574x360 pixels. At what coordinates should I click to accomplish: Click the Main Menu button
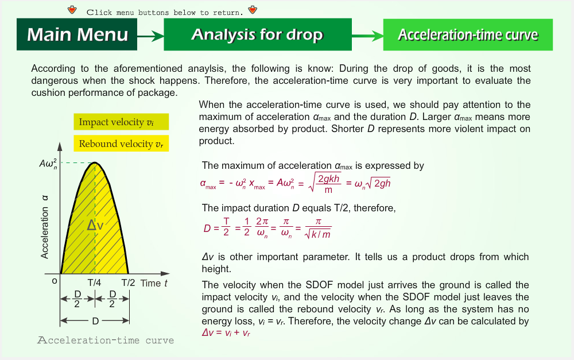coord(77,34)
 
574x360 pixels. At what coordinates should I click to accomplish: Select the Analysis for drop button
coord(258,34)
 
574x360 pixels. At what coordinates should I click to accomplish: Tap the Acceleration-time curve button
coord(468,34)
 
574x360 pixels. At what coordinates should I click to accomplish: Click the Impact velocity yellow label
coord(121,122)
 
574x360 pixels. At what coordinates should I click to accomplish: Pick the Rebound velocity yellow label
coord(121,143)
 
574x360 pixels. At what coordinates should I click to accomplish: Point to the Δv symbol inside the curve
coord(95,225)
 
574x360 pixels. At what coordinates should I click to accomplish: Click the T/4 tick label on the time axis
coord(94,282)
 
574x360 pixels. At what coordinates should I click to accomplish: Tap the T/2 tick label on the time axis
coord(128,282)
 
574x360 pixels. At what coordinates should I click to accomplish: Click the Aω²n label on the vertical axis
coord(48,163)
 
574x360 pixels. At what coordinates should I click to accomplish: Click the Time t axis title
coord(154,283)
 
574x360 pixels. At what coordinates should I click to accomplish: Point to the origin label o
coord(55,281)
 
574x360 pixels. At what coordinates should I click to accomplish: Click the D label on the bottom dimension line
coord(95,321)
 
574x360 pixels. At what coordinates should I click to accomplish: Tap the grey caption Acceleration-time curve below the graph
coord(106,340)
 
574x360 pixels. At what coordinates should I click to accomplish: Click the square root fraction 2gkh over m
coord(325,183)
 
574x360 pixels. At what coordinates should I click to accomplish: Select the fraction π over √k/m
coord(318,228)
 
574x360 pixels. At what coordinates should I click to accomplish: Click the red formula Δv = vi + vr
coord(226,332)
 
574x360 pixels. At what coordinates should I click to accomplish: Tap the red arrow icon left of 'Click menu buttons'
coord(72,10)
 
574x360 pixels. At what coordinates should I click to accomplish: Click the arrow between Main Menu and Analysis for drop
coord(150,36)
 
